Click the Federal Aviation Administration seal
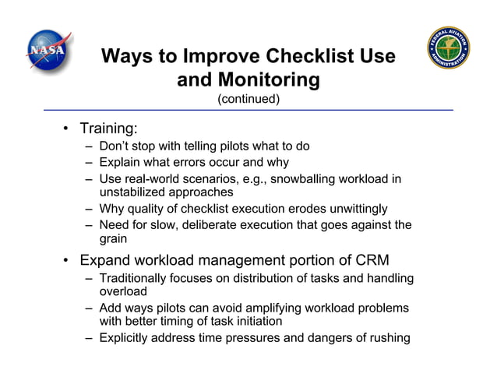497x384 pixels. click(x=449, y=48)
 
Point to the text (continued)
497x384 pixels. click(x=248, y=99)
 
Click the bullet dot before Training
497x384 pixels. click(x=68, y=129)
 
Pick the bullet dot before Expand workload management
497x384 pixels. click(x=68, y=260)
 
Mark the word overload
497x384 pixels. click(x=123, y=292)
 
